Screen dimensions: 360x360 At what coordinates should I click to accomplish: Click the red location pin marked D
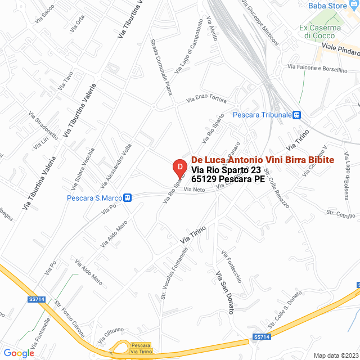tap(179, 168)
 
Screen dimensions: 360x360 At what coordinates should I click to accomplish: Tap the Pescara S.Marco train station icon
tap(128, 198)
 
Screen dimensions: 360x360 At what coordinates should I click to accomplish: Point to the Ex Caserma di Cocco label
tap(320, 31)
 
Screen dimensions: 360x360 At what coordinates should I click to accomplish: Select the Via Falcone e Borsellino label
tap(318, 69)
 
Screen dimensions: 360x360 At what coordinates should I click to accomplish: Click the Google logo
tap(19, 353)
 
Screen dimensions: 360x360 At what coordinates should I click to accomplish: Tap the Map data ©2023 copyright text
tap(335, 355)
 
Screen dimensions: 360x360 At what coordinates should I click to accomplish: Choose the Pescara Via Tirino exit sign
tap(140, 348)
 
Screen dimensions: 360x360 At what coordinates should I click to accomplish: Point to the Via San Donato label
tap(224, 292)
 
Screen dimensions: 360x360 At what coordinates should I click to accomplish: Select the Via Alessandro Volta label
tap(116, 165)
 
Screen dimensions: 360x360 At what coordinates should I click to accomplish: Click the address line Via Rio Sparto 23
tap(226, 170)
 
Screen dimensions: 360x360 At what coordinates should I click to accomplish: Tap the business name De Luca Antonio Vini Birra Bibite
tap(263, 160)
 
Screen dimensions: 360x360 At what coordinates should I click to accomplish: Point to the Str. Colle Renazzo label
tap(276, 188)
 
